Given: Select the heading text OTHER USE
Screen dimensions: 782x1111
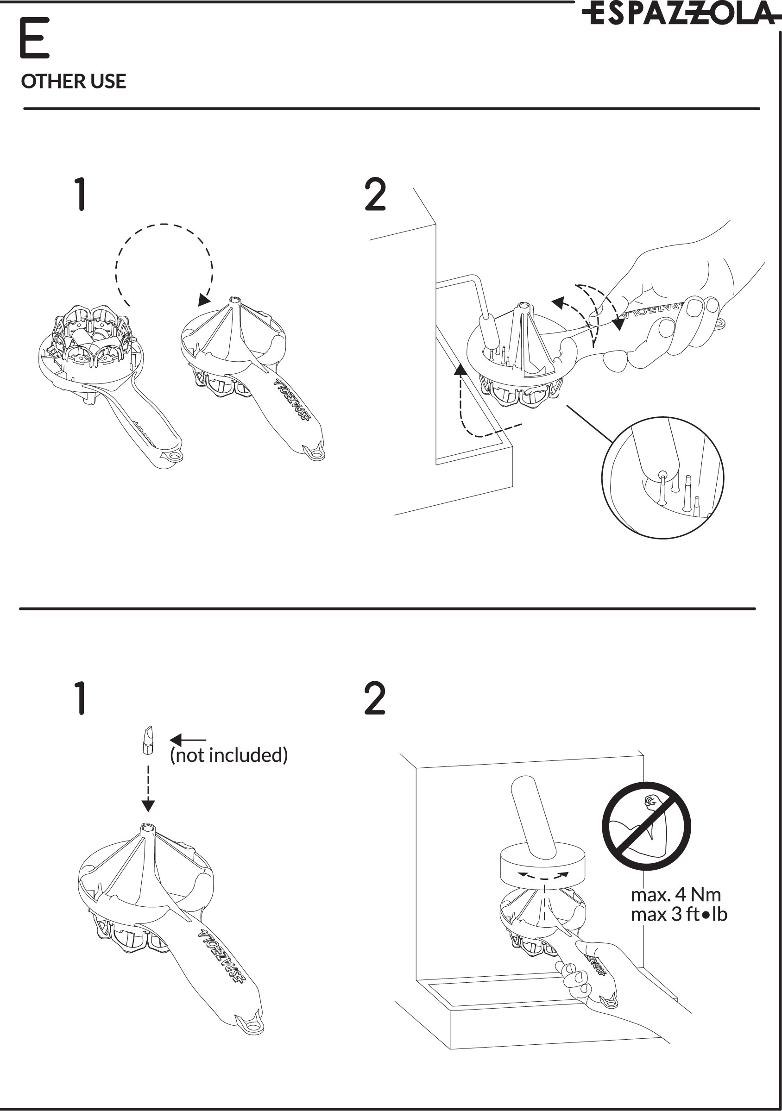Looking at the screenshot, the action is tap(74, 82).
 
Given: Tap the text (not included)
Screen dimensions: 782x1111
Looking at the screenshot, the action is tap(229, 755).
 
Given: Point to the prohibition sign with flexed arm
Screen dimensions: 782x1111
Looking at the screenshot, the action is tap(646, 826).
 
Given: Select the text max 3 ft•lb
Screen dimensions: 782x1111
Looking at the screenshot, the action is tap(678, 914).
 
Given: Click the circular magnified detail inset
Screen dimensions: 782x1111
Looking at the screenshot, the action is tap(662, 477).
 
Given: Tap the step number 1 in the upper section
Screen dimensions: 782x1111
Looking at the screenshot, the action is tap(81, 194).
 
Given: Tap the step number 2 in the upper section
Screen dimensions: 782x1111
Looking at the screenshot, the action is tap(375, 194).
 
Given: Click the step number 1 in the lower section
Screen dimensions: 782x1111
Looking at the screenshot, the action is tap(81, 698).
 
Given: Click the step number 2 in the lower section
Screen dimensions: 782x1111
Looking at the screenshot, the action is tap(375, 698).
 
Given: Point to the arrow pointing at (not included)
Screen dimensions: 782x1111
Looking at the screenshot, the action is tap(188, 740).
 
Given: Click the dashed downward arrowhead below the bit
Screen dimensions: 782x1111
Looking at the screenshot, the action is tap(148, 806).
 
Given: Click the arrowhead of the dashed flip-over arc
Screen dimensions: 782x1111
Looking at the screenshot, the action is tap(204, 300).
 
